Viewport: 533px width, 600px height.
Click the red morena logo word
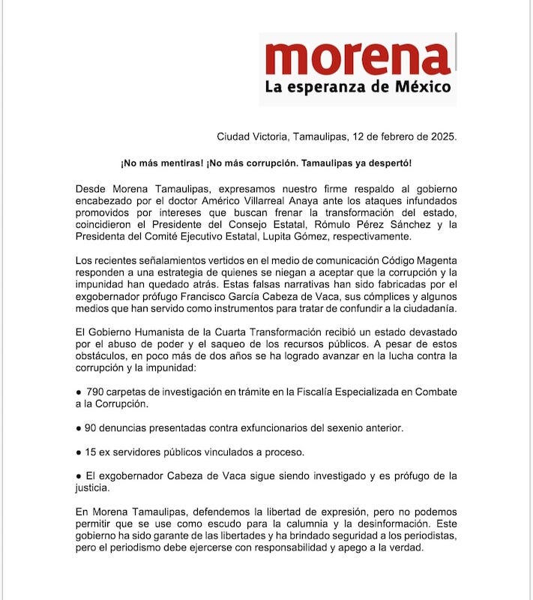pos(358,58)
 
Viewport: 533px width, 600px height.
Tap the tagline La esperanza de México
pos(358,87)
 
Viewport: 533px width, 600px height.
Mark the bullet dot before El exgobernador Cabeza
pos(79,477)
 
